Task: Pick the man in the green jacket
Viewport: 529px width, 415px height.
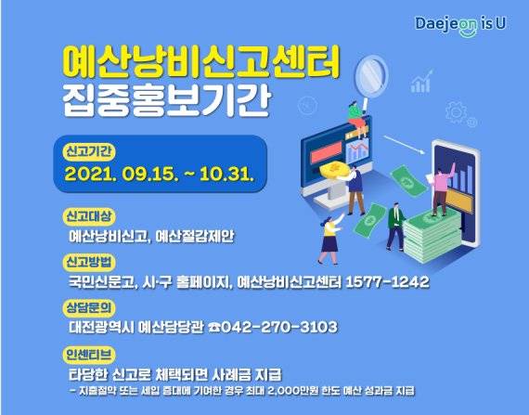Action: [394, 223]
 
